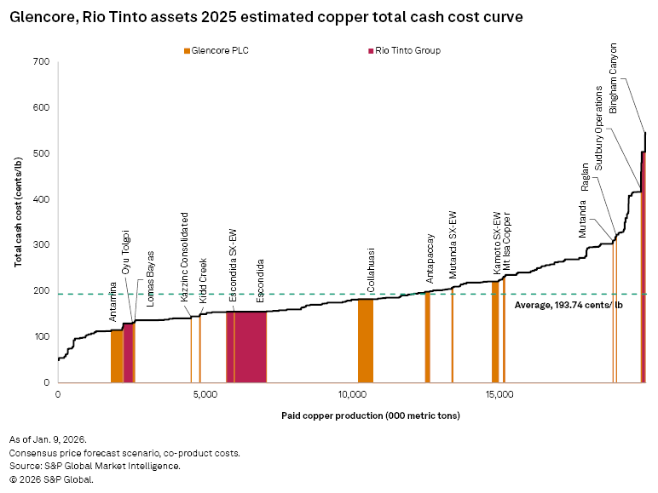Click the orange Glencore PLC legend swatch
coord(187,51)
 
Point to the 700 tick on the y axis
coord(40,62)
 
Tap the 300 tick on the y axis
coord(40,245)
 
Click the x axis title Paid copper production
coord(370,416)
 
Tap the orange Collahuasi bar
coord(365,341)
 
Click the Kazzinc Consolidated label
coord(185,258)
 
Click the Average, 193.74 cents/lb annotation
coord(563,304)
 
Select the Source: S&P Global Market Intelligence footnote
coord(95,466)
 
